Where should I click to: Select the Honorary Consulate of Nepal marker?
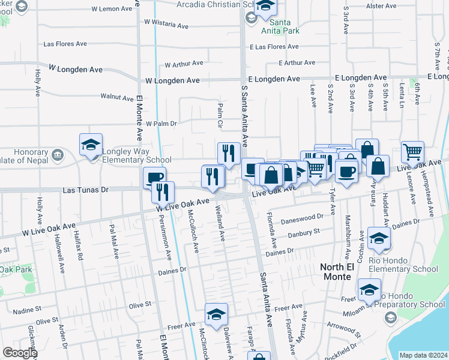(x=57, y=154)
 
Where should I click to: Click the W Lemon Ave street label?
(x=112, y=9)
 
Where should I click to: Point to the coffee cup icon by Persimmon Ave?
(x=154, y=178)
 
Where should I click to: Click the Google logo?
(x=20, y=353)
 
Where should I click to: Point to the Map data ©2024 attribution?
(x=423, y=355)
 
